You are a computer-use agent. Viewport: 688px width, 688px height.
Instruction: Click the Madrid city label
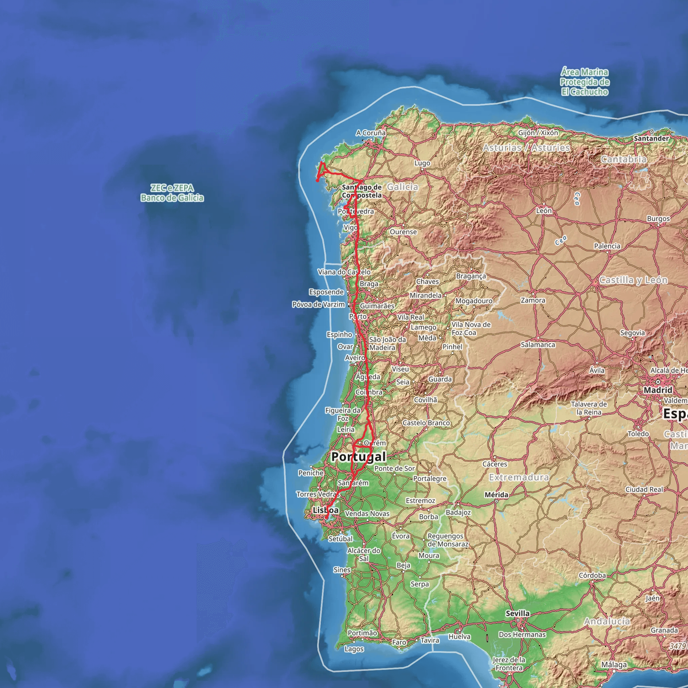658,390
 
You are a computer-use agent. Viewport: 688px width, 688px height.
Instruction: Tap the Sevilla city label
517,613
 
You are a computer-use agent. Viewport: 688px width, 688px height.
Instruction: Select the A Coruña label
371,133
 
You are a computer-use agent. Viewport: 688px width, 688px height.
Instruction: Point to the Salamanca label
538,344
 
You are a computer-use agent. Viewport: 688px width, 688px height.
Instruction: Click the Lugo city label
422,163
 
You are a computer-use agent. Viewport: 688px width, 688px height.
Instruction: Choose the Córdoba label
592,575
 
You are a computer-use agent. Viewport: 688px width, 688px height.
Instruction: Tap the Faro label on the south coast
399,642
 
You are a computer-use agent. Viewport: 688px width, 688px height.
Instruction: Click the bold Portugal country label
358,457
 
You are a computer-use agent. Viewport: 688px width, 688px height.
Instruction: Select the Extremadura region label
518,477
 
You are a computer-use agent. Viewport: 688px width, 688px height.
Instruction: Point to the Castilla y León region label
633,280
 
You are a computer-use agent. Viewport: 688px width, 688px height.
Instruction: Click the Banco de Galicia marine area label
172,192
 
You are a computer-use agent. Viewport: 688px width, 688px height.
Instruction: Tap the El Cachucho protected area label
585,82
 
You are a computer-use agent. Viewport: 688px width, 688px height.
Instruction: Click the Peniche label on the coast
311,473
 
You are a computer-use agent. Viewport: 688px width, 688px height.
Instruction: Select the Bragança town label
471,276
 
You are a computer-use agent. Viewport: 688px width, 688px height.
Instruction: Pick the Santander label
651,138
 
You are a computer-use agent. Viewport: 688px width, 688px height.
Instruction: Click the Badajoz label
458,512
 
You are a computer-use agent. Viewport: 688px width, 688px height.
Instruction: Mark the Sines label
342,569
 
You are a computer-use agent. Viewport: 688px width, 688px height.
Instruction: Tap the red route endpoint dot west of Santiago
317,180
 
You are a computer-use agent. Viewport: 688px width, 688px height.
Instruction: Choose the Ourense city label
403,232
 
